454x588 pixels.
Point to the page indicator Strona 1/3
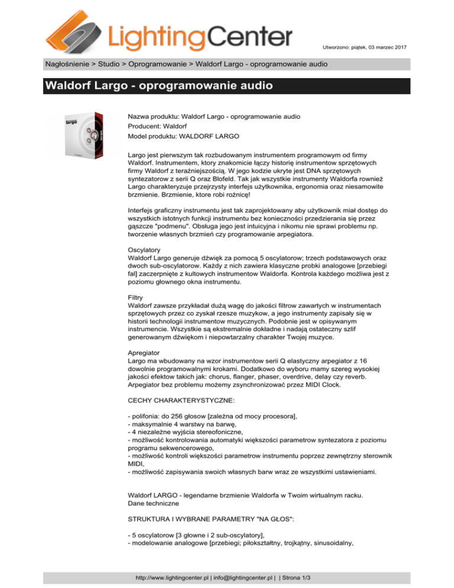click(x=307, y=574)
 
